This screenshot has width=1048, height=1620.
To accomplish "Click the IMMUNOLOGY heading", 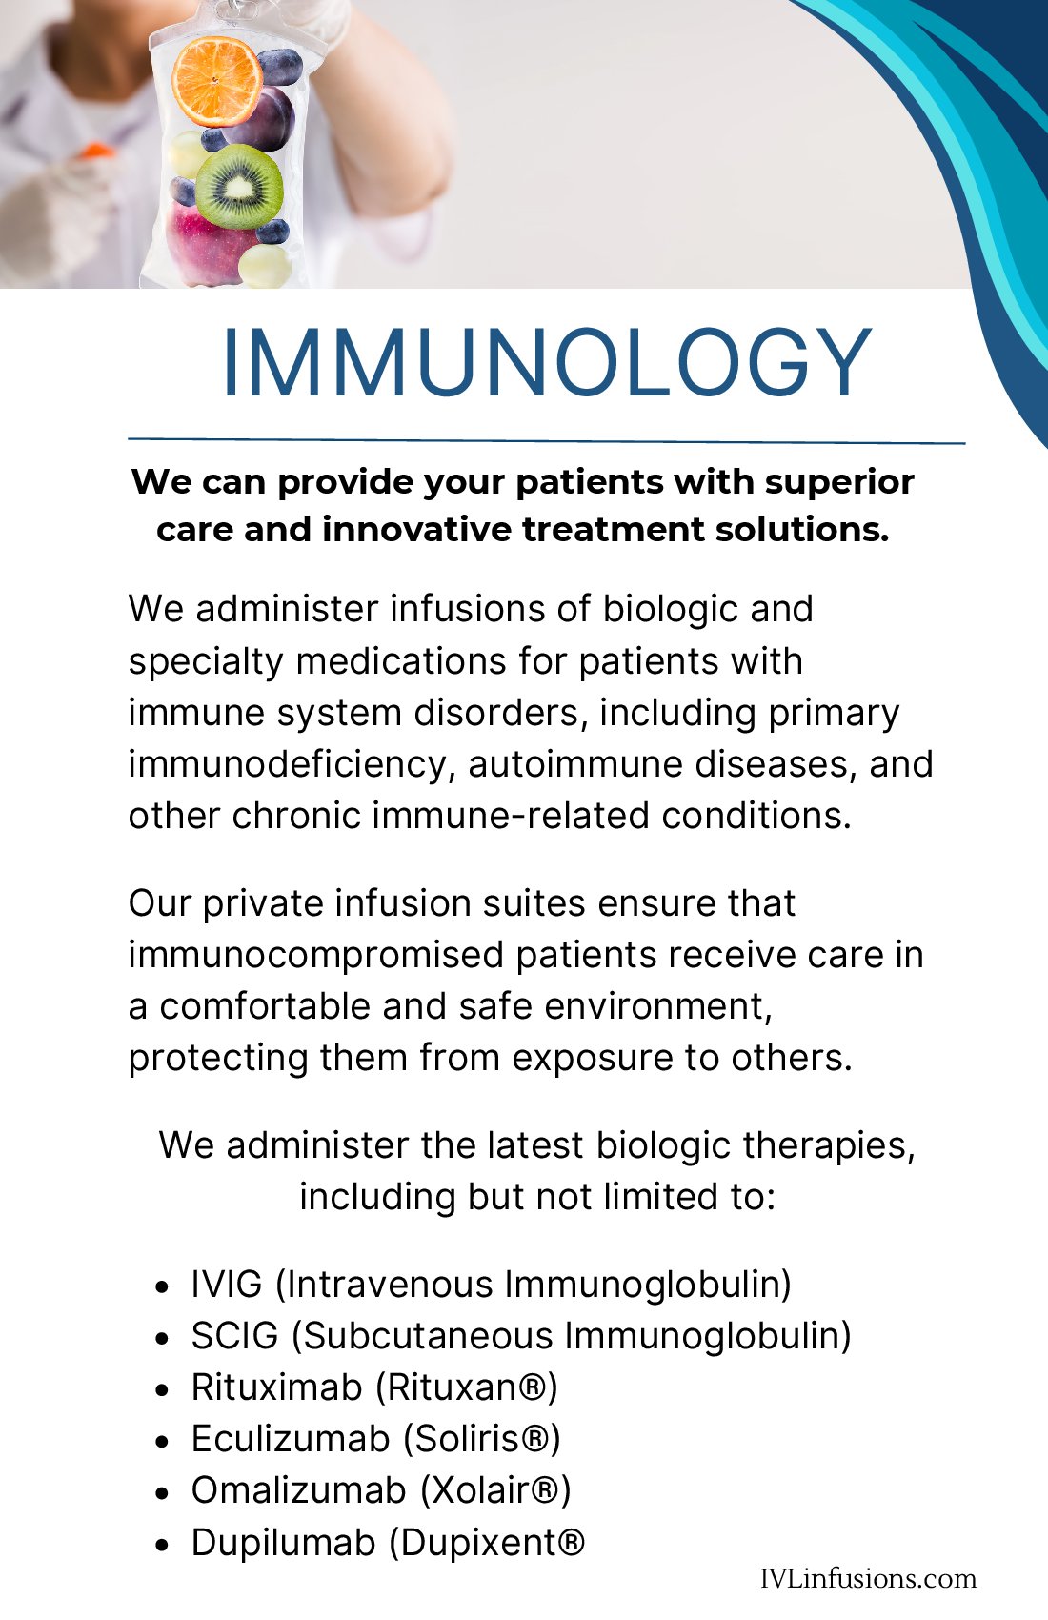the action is pyautogui.click(x=547, y=362).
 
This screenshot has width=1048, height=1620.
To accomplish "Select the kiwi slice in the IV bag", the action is pyautogui.click(x=239, y=186).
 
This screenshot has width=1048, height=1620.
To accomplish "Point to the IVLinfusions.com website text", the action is pyautogui.click(x=868, y=1578).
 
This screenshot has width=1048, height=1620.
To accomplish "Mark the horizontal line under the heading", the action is pyautogui.click(x=547, y=440).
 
